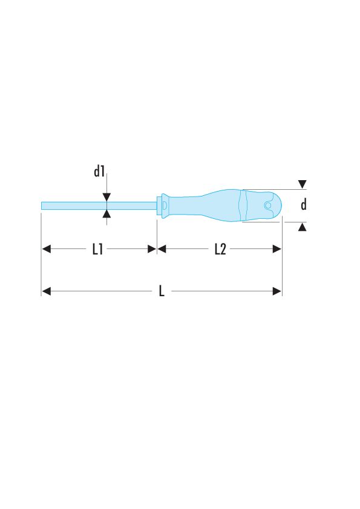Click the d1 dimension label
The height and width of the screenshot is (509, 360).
(x=100, y=172)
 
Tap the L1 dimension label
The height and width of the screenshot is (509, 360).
(x=97, y=249)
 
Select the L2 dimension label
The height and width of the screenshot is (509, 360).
(x=220, y=249)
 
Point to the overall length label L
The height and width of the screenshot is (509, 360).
(x=162, y=291)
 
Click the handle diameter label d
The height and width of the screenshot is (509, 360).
(x=304, y=205)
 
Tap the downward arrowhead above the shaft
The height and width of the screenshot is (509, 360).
(x=106, y=197)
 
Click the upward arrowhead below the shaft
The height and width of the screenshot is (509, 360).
(x=106, y=213)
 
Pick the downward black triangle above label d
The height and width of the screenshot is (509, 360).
(x=303, y=184)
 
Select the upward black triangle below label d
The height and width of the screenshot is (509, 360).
(x=303, y=226)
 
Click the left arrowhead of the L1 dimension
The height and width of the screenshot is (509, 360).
(x=46, y=248)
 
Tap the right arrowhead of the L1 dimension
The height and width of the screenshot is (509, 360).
(x=152, y=248)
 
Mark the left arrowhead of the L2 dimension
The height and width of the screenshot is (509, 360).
(x=162, y=248)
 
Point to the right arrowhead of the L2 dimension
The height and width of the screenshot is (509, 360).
(x=277, y=248)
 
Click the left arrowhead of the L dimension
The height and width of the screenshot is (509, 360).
(x=46, y=291)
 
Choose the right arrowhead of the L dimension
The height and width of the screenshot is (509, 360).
(x=277, y=291)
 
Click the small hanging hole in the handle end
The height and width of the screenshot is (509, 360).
(x=267, y=206)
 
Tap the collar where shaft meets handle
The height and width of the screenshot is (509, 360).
(x=162, y=205)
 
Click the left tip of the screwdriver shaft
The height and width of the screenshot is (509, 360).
(x=43, y=206)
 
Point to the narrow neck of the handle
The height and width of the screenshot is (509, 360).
(x=182, y=206)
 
